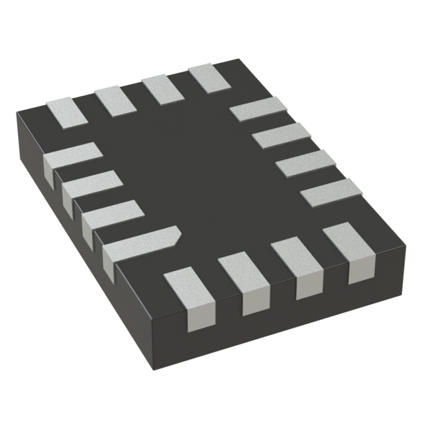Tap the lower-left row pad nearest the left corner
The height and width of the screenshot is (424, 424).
tap(72, 158)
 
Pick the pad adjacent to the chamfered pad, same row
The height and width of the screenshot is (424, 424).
tap(113, 213)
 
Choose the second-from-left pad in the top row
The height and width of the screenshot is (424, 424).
tap(115, 98)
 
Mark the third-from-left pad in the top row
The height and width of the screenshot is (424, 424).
tap(163, 87)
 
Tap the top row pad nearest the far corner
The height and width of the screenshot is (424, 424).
tap(209, 77)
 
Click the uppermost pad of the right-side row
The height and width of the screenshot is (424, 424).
tap(257, 109)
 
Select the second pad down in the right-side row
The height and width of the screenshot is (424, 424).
tap(281, 136)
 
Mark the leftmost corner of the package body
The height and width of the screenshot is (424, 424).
tap(17, 114)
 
